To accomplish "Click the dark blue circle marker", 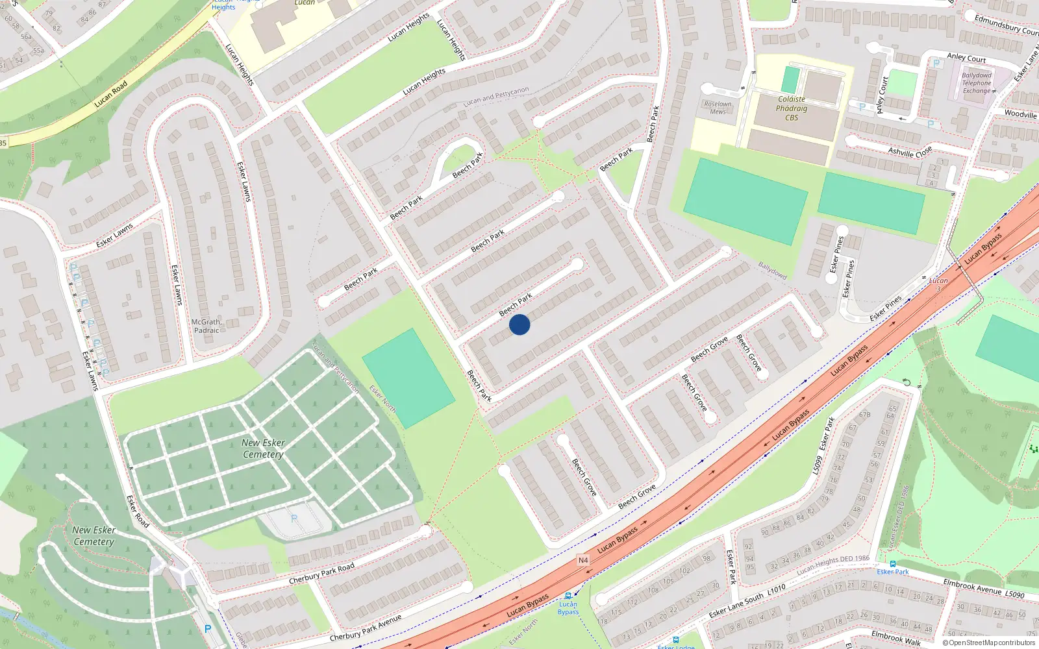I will point(519,324).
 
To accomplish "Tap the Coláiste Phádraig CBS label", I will point(792,108).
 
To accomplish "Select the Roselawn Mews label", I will point(718,108).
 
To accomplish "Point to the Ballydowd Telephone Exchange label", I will point(977,83).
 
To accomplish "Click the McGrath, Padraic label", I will point(207,326).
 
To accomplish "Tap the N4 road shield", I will point(583,560).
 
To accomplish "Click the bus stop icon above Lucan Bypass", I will point(568,596).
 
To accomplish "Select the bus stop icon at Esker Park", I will point(893,563).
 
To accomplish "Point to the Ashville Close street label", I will point(910,152).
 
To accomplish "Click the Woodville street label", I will point(1020,114).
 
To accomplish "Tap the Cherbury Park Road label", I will point(321,573).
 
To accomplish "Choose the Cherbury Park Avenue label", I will point(365,628).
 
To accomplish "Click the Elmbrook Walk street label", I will point(895,638).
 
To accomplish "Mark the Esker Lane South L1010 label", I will point(747,602).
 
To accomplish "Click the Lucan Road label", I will point(110,94).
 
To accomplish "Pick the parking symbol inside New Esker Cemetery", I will point(294,519).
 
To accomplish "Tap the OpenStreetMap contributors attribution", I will point(988,643).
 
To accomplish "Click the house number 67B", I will point(864,415).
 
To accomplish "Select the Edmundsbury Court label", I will point(1006,25).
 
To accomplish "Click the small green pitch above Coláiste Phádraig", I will point(790,80).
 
